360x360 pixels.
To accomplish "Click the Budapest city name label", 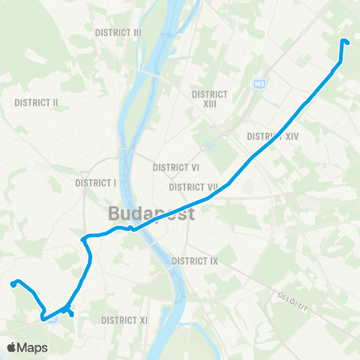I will point(151,214).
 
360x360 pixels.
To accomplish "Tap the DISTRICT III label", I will point(118,33).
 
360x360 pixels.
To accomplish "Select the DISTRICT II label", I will point(37,102).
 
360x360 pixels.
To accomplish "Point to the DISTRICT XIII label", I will point(209,99).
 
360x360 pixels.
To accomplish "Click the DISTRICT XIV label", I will point(273,136).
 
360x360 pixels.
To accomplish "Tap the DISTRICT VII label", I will point(193,187).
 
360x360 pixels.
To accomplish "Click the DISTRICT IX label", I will point(194,261).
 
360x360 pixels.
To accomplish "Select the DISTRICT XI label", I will point(124,320).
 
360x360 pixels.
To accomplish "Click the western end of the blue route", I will point(13,283).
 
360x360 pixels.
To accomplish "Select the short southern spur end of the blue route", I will point(71,315).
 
